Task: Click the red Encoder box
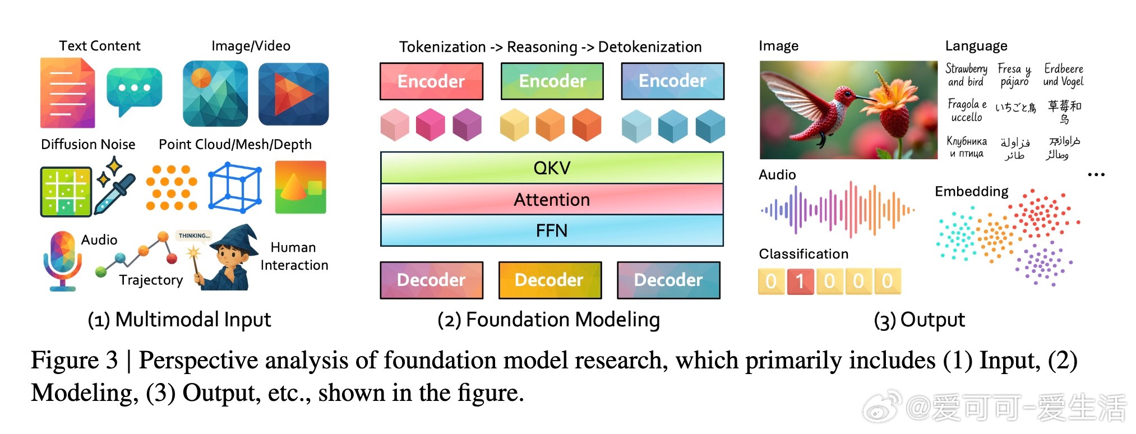[x=431, y=81]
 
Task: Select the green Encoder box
[x=552, y=81]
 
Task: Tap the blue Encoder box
[x=672, y=81]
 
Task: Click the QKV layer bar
[x=552, y=168]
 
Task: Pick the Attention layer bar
[x=552, y=200]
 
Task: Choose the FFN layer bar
[x=552, y=230]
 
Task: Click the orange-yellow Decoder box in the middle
[x=549, y=280]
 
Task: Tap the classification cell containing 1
[x=800, y=281]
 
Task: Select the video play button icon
[x=293, y=94]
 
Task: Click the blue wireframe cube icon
[x=234, y=187]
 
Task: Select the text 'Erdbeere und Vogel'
[x=1063, y=75]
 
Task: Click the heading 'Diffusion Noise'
[x=88, y=144]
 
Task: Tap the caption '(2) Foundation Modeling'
[x=548, y=320]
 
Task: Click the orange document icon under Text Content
[x=67, y=93]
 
